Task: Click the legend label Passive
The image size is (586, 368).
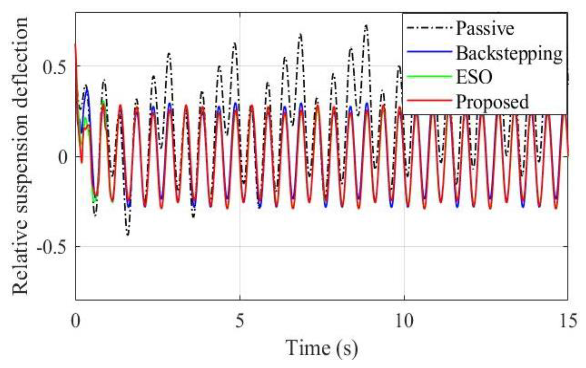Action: (x=485, y=28)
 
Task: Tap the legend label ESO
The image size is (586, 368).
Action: (x=474, y=77)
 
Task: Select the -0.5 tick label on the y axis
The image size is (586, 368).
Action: (x=51, y=247)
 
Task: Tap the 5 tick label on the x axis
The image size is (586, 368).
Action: (x=240, y=321)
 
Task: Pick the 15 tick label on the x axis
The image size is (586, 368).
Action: (x=568, y=321)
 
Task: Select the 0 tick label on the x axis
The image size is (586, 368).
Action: (x=76, y=321)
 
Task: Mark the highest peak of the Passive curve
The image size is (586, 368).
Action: (x=366, y=26)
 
